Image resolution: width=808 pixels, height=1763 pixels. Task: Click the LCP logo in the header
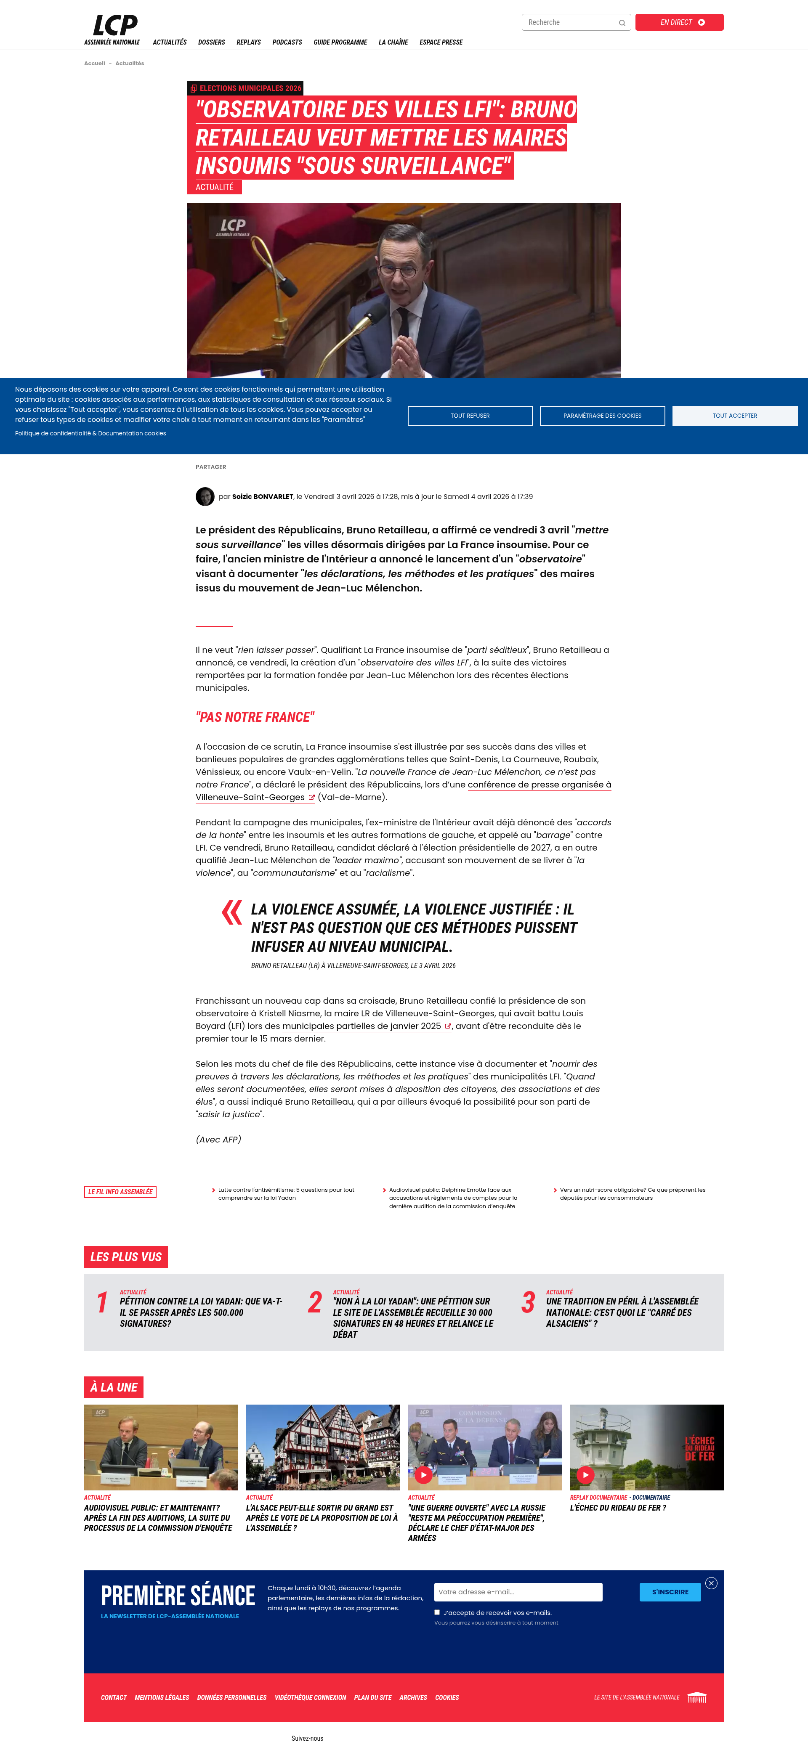tap(114, 26)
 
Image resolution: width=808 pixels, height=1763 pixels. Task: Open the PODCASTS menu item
tap(287, 42)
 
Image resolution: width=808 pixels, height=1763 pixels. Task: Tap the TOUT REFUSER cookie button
tap(470, 416)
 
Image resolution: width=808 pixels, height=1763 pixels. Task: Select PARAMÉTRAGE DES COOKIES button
tap(602, 416)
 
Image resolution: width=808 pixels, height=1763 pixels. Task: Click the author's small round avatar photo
tap(205, 497)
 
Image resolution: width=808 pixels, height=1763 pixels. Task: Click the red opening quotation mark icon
tap(231, 913)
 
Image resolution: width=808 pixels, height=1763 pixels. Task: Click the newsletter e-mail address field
tap(518, 1592)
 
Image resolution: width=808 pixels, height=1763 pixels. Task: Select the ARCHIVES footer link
tap(413, 1698)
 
